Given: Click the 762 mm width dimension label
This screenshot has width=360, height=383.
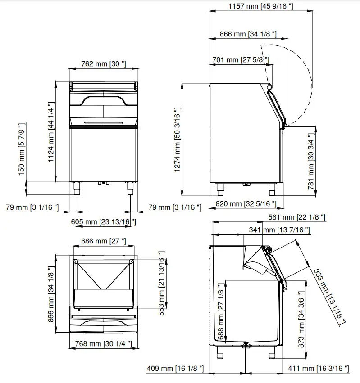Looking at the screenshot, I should (x=104, y=64).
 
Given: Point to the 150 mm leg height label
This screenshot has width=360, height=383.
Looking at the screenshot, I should (x=22, y=150).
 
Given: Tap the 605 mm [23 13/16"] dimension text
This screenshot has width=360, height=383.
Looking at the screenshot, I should (x=103, y=221).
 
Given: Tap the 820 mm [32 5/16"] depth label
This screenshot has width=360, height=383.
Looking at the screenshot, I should (x=246, y=204).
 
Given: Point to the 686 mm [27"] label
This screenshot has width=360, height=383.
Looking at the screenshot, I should (x=104, y=241).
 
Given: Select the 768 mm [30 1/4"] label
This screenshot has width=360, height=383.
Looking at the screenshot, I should (x=104, y=344).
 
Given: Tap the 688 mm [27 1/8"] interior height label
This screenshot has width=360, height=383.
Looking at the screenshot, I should (x=220, y=313).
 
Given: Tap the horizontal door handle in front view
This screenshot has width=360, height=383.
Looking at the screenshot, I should (x=103, y=122).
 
